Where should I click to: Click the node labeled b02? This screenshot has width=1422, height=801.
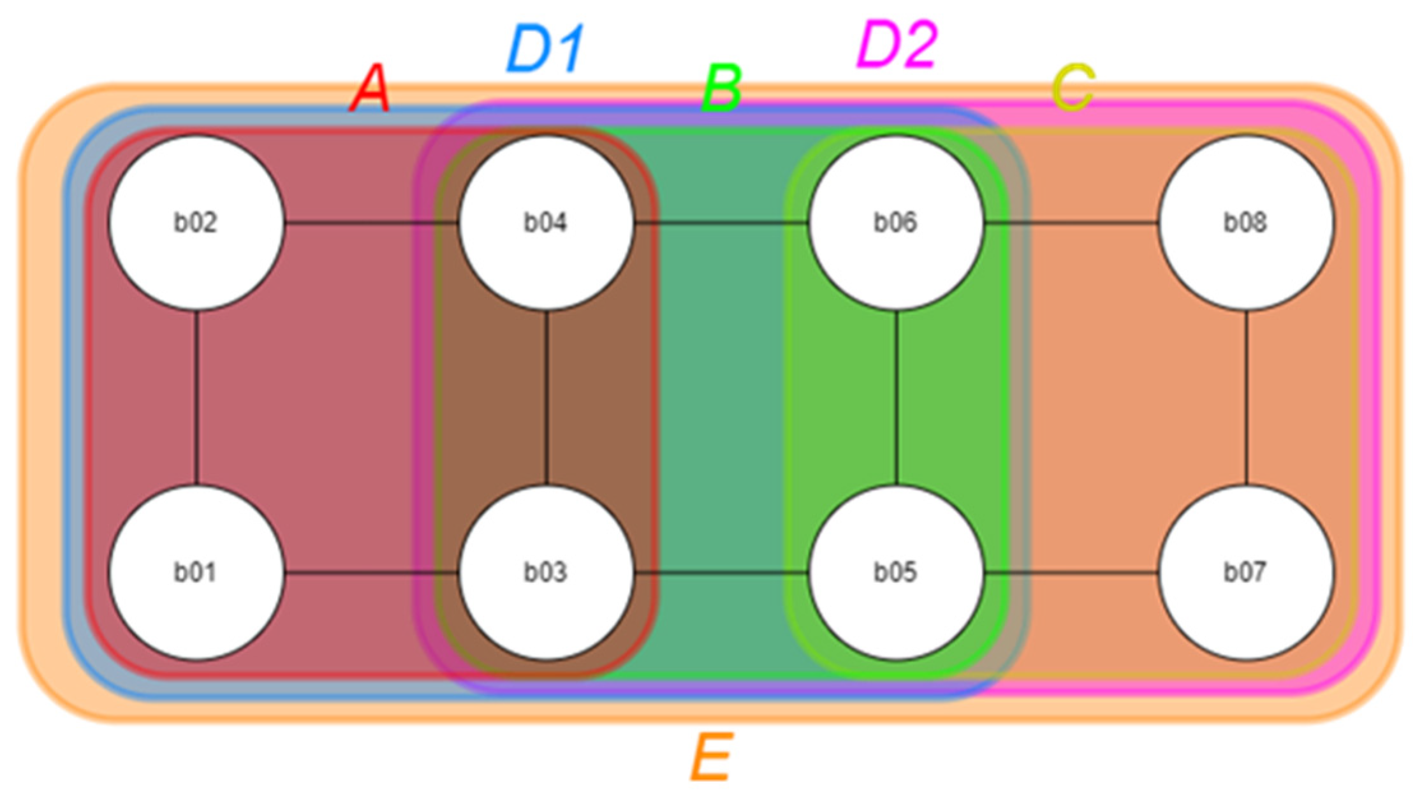coord(196,223)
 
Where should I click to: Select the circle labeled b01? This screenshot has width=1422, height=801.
coord(196,572)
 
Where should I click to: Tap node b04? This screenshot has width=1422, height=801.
coord(546,223)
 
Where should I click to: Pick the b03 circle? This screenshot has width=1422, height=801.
coord(546,572)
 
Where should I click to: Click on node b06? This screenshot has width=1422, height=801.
coord(896,223)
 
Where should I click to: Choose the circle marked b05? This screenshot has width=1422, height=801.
coord(896,572)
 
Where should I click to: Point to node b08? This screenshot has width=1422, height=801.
coord(1245,223)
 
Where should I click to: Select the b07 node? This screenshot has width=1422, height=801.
coord(1245,572)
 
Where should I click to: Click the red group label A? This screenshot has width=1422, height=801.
coord(370,89)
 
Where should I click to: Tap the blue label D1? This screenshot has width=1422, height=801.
coord(545,50)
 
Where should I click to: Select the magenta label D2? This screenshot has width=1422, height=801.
coord(897,45)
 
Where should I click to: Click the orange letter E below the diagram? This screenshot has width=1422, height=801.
coord(712,757)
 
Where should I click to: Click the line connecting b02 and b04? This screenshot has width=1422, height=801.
coord(371,223)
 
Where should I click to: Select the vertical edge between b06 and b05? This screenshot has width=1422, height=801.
coord(897,397)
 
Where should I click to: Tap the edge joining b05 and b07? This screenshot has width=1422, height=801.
coord(1071,573)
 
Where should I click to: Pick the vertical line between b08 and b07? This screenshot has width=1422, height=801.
coord(1246,397)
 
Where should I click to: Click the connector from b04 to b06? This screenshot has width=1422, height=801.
coord(721,223)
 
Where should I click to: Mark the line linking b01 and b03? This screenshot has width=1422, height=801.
coord(371,573)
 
